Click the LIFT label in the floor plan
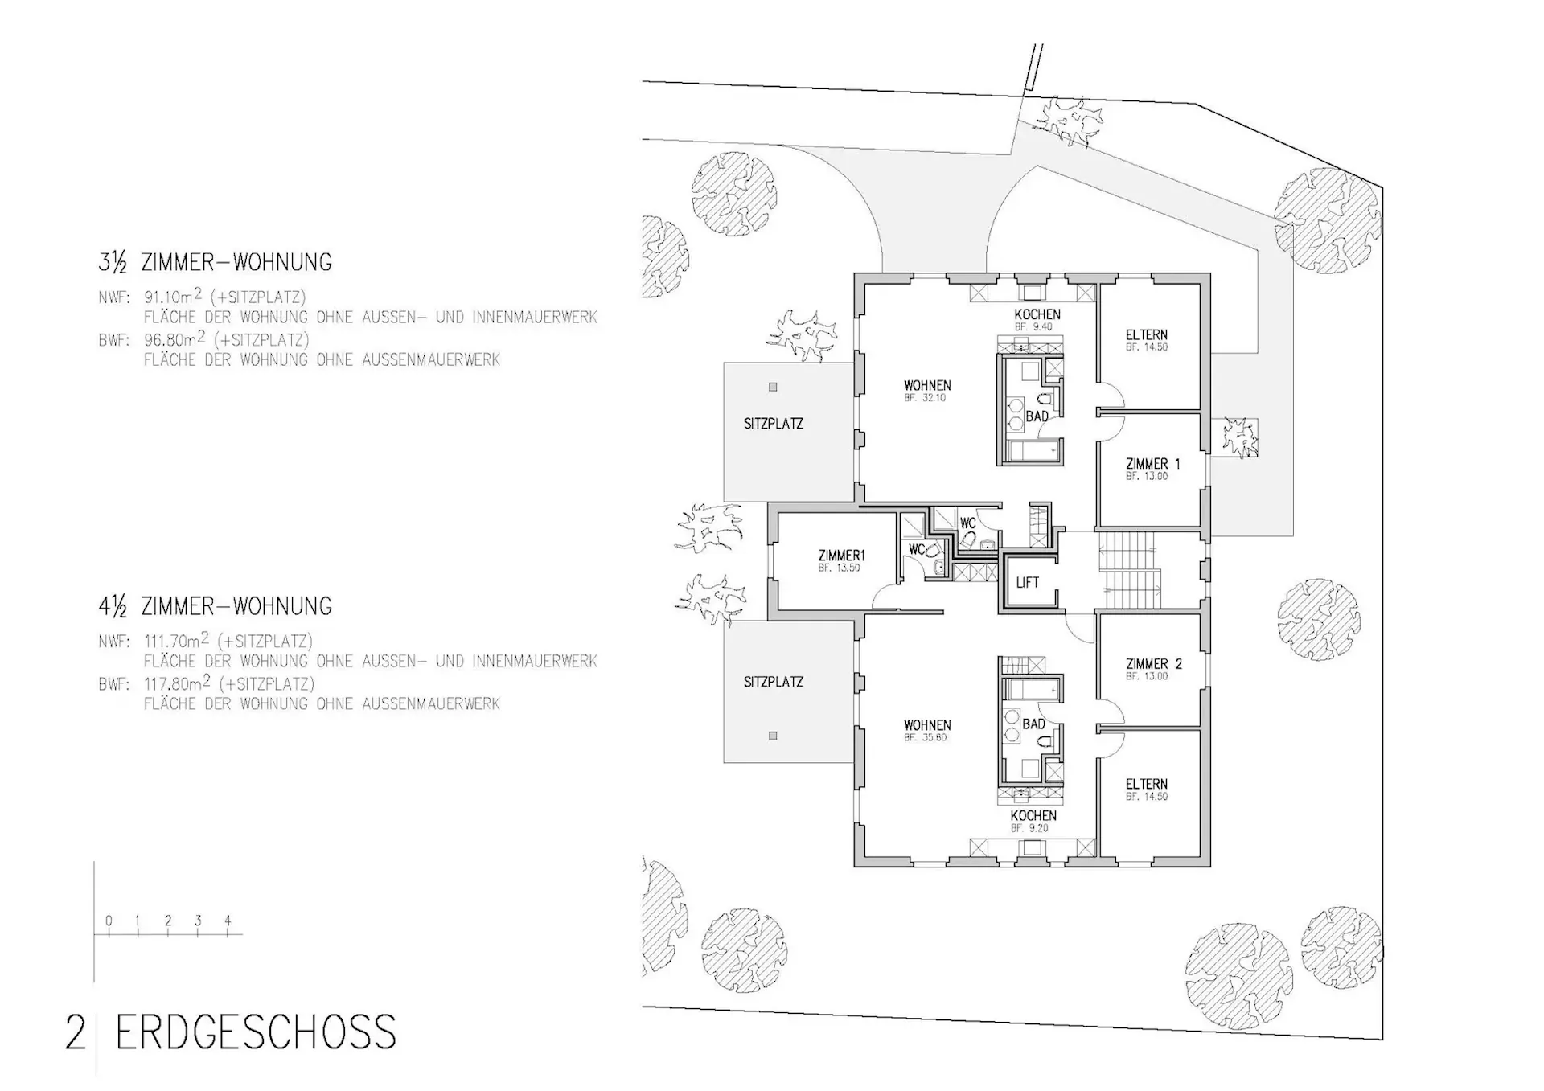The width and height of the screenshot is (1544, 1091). pyautogui.click(x=1027, y=583)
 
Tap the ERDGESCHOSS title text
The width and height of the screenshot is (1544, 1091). pyautogui.click(x=257, y=1032)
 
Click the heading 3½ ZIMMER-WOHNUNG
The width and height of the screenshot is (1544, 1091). pyautogui.click(x=216, y=262)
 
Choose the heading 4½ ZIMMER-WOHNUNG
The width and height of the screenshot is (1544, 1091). pyautogui.click(x=216, y=606)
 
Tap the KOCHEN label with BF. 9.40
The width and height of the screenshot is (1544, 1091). pyautogui.click(x=1037, y=314)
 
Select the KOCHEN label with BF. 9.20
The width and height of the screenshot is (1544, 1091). pyautogui.click(x=1033, y=815)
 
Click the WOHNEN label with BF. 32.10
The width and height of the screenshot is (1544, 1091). pyautogui.click(x=927, y=386)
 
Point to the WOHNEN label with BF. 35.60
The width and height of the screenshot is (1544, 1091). pyautogui.click(x=927, y=725)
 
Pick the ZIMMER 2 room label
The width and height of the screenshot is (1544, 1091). pyautogui.click(x=1154, y=664)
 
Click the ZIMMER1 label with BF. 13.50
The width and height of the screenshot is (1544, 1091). pyautogui.click(x=841, y=556)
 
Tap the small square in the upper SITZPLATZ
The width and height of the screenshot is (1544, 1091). pyautogui.click(x=773, y=387)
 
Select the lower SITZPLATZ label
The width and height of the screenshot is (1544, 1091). pyautogui.click(x=774, y=682)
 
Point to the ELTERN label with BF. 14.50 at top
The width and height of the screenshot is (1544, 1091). pyautogui.click(x=1147, y=334)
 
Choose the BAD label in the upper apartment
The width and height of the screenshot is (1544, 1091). pyautogui.click(x=1037, y=416)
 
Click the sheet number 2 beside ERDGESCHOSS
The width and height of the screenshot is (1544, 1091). pyautogui.click(x=75, y=1033)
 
